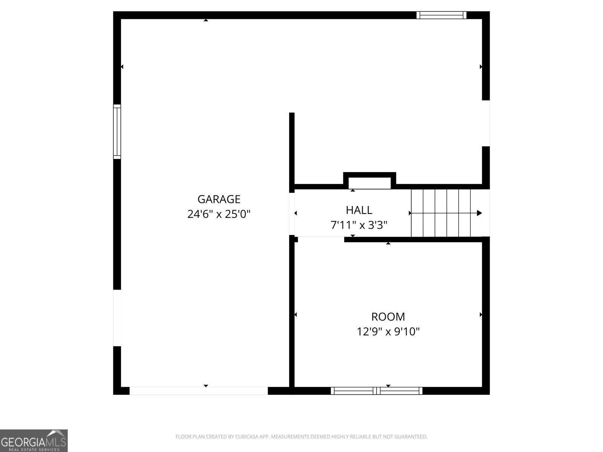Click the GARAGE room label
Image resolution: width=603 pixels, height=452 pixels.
point(219,199)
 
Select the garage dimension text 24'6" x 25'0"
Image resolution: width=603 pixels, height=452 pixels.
point(219,214)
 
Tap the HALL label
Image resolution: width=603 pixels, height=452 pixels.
point(359,210)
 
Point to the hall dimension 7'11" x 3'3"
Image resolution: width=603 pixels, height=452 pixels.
point(359,225)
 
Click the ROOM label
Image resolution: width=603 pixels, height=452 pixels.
point(388,316)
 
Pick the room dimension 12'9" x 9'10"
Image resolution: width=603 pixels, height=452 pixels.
point(388,332)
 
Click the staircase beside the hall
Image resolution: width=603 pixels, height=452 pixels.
point(441,213)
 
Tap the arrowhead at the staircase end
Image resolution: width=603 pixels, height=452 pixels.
point(479,213)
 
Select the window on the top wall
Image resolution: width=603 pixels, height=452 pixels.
point(441,15)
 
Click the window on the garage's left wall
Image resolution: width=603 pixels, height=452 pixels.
point(117,131)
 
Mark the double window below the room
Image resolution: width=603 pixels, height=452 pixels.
point(376,391)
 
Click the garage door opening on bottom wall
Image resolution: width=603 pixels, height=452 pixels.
point(199,391)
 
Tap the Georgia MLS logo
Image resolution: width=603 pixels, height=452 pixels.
point(34,440)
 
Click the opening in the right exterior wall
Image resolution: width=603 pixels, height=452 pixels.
point(486,123)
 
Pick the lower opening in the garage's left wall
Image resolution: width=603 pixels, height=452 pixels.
point(117,318)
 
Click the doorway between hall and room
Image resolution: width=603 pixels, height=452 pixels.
point(321,239)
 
